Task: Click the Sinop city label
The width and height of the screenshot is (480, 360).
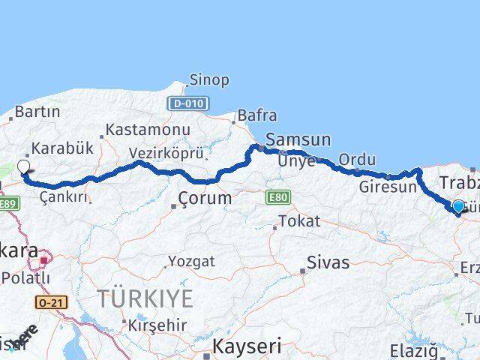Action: pyautogui.click(x=209, y=80)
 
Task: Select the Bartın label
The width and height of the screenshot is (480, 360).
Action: pyautogui.click(x=37, y=112)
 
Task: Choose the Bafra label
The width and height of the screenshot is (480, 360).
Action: pyautogui.click(x=256, y=115)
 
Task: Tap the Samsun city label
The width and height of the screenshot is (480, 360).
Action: pyautogui.click(x=298, y=139)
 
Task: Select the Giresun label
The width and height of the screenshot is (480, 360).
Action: pyautogui.click(x=387, y=187)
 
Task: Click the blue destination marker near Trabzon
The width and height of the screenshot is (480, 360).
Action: pyautogui.click(x=458, y=205)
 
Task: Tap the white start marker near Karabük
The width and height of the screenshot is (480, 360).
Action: pyautogui.click(x=23, y=167)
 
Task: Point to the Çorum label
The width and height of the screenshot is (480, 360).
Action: pyautogui.click(x=204, y=199)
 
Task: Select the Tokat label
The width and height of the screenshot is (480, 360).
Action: pyautogui.click(x=299, y=221)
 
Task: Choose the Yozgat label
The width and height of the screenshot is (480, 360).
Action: pyautogui.click(x=191, y=262)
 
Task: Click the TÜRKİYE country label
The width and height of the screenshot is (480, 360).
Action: pyautogui.click(x=145, y=298)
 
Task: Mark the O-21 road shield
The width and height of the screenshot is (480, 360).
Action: pyautogui.click(x=47, y=301)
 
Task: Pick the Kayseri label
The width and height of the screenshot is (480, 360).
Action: pyautogui.click(x=247, y=346)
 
